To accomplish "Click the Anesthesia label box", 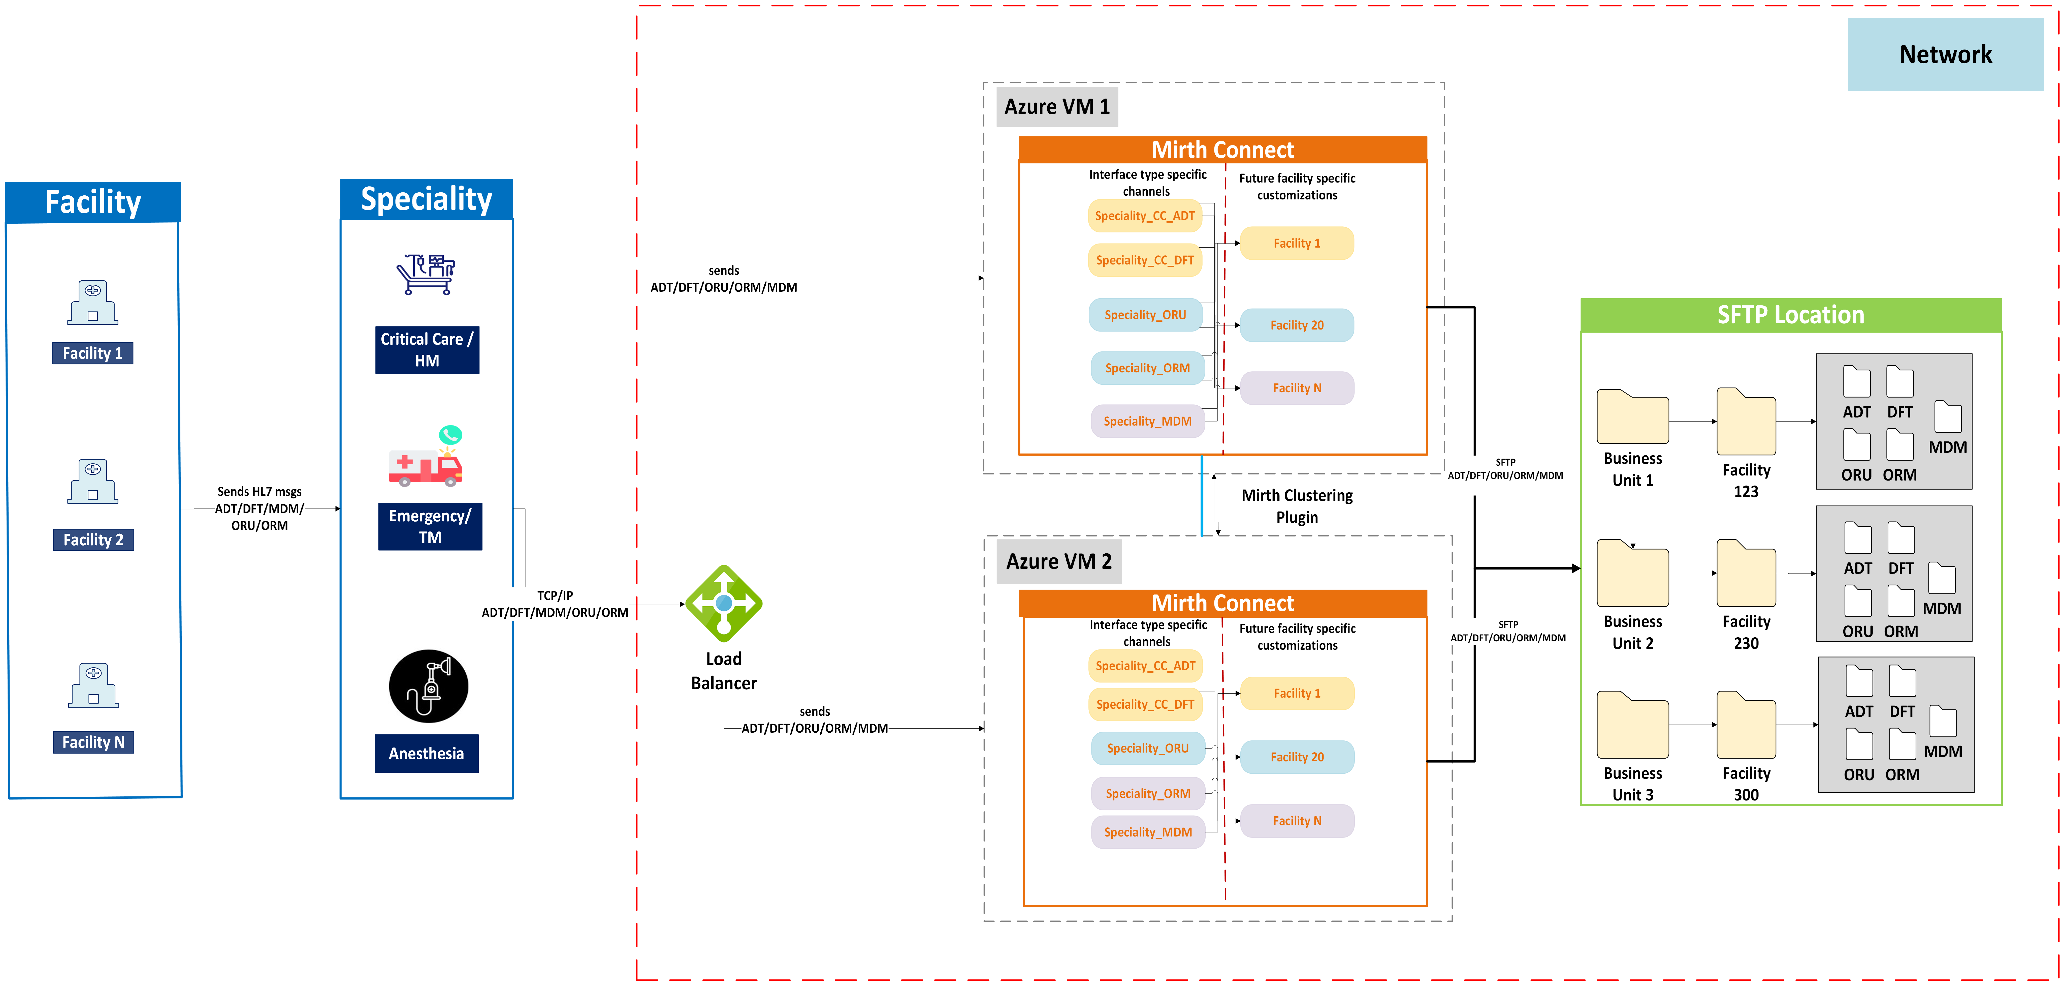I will tap(426, 754).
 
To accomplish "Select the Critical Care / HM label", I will tap(427, 349).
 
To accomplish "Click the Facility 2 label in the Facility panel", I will tap(93, 540).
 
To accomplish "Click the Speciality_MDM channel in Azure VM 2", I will tap(1147, 832).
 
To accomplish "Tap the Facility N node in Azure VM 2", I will tap(1296, 821).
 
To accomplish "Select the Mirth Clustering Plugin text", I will tap(1296, 506).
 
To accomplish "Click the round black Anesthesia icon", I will tap(429, 686).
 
